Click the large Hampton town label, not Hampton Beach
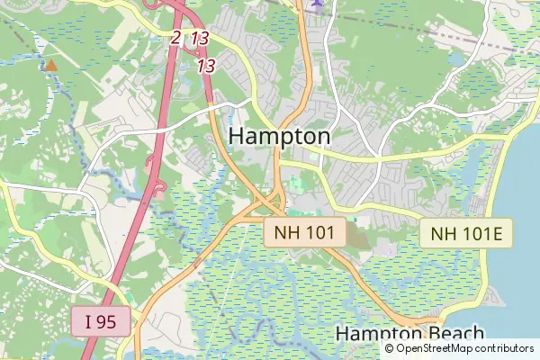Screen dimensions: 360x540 pos(280,136)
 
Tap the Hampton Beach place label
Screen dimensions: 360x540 pos(409,334)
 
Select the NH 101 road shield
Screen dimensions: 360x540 pos(305,233)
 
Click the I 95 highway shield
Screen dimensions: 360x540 pos(102,321)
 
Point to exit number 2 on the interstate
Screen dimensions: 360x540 pos(175,38)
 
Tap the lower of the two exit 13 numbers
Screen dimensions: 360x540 pos(206,66)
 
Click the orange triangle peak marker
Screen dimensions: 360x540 pos(51,65)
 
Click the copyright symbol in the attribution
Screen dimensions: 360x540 pos(390,348)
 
